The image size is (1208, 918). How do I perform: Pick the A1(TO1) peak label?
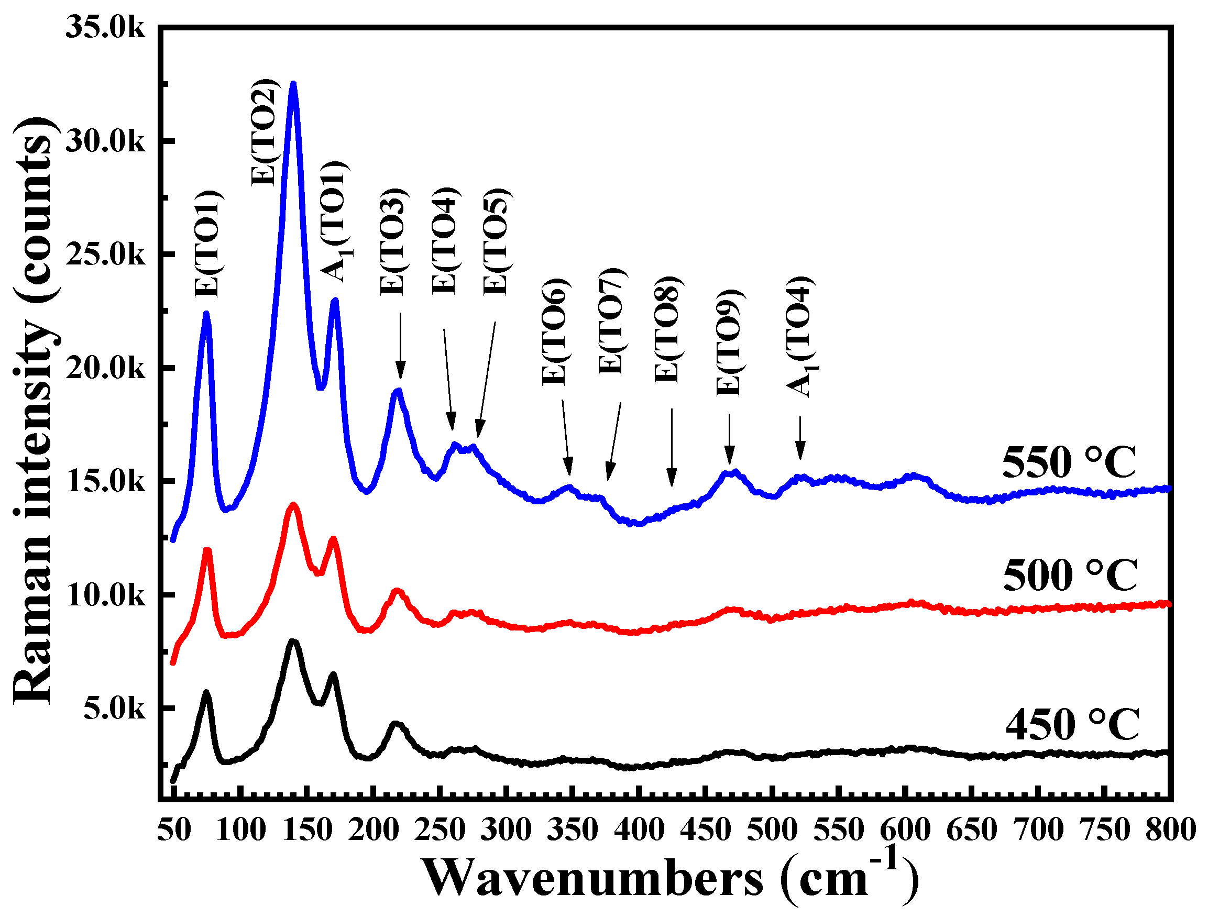[336, 222]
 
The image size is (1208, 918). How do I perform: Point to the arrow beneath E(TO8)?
[672, 447]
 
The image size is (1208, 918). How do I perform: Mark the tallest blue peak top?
[293, 84]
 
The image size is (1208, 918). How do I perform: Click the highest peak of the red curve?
[293, 505]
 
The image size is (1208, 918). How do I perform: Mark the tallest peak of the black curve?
[293, 641]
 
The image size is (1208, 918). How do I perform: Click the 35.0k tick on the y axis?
[105, 27]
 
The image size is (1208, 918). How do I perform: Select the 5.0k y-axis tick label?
[114, 709]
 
